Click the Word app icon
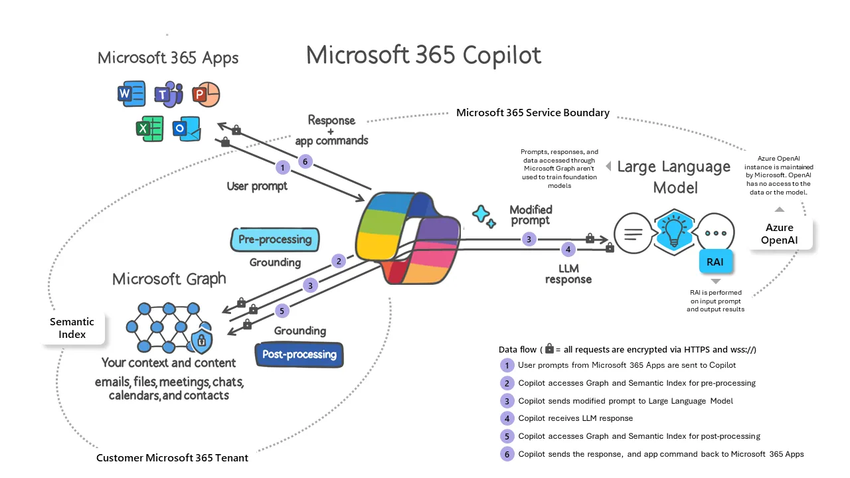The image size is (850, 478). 131,94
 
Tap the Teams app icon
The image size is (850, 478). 169,96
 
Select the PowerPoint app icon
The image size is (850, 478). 205,96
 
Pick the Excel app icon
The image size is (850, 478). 149,127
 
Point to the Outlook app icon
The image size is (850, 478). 187,128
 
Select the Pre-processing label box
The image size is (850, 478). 275,240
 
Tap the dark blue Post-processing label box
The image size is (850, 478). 299,355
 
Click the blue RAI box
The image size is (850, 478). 715,262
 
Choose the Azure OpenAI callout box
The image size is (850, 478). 780,234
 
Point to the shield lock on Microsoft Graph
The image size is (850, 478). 200,342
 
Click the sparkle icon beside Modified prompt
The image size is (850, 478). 483,216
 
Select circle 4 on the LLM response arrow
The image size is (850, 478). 567,250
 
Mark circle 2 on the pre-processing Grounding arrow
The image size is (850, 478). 339,261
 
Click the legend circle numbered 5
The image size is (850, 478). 507,436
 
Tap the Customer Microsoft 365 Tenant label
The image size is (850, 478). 172,458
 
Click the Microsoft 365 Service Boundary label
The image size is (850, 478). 533,113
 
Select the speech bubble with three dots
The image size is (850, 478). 716,234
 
